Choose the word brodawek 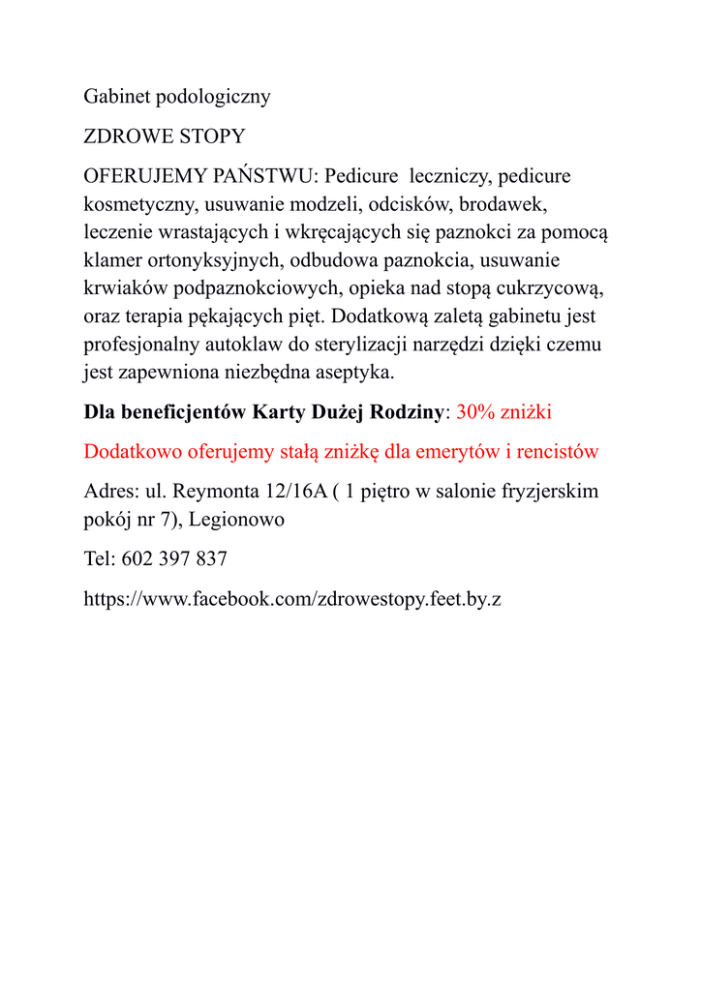coord(503,204)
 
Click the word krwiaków coord(126,288)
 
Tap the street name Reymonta coord(215,491)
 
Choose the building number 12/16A coord(294,491)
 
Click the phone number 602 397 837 coord(174,559)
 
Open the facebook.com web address coord(292,599)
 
